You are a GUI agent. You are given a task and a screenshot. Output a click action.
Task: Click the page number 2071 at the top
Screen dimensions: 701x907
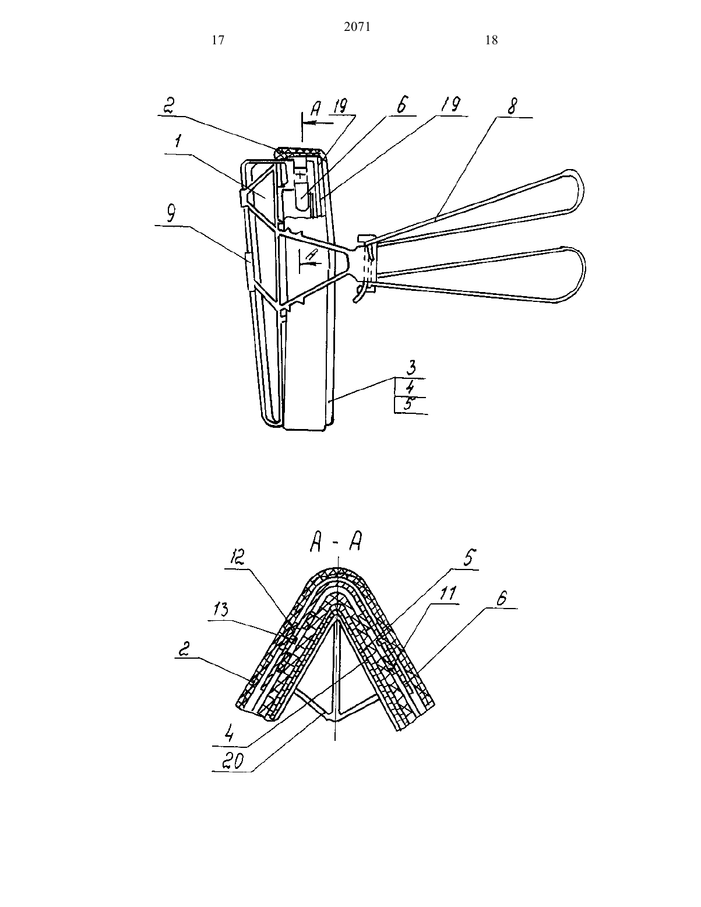click(x=357, y=27)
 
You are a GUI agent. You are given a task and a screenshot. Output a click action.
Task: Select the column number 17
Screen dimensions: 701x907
click(x=219, y=40)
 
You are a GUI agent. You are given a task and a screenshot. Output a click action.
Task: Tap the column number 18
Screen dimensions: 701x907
click(x=492, y=40)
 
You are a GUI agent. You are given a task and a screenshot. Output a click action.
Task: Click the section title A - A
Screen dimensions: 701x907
click(x=336, y=543)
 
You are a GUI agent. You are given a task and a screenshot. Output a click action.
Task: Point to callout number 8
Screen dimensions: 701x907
click(x=512, y=106)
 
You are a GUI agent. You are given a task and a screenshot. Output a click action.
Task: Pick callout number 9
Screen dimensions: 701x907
click(x=171, y=214)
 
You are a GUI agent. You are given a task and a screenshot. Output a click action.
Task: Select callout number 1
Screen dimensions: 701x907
click(x=178, y=142)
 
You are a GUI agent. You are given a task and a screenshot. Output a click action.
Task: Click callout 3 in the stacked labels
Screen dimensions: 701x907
click(x=411, y=368)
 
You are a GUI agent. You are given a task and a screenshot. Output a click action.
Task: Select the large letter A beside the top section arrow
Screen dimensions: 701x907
click(x=316, y=110)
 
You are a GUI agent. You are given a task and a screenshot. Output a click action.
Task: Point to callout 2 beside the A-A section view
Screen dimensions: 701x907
click(x=185, y=649)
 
